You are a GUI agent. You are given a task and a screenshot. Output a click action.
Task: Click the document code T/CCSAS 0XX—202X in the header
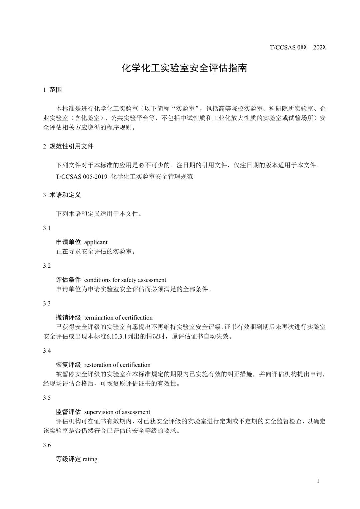[297, 47]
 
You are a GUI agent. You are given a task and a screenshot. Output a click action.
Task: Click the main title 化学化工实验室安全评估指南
[184, 68]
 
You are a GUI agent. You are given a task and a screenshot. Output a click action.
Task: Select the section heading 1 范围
[53, 90]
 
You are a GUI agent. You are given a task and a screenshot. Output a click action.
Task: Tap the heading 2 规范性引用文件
[68, 146]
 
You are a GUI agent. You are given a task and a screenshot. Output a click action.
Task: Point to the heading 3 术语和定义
[62, 195]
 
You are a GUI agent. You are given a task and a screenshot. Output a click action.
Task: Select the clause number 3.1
[47, 228]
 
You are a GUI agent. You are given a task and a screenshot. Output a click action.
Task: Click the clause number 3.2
[47, 266]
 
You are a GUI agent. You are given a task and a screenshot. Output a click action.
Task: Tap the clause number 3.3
[47, 303]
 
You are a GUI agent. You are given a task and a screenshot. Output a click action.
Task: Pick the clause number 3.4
[47, 351]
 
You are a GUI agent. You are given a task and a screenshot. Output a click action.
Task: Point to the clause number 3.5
[47, 398]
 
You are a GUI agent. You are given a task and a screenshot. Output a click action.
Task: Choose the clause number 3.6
[47, 445]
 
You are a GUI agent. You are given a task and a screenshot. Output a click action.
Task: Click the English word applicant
[96, 242]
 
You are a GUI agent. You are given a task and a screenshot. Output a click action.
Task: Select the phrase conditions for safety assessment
[125, 280]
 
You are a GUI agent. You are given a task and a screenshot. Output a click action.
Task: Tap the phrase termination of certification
[118, 318]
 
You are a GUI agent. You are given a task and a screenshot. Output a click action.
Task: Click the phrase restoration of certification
[117, 365]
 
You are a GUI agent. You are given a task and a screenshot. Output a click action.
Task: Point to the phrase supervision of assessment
[117, 412]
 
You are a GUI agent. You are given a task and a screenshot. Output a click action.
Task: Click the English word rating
[90, 459]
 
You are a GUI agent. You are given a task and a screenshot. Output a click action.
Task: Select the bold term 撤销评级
[68, 318]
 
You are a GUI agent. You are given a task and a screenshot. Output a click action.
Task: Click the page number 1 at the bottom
[318, 481]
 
